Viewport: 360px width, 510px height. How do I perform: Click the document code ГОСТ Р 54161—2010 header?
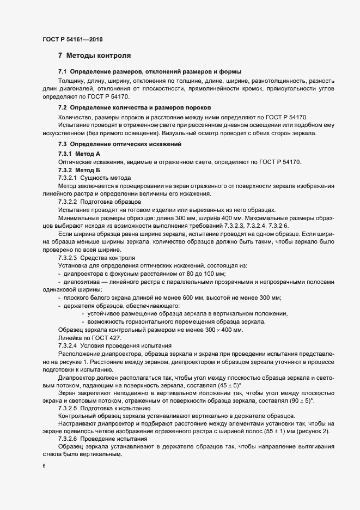[72, 39]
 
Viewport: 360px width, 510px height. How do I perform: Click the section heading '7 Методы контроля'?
[94, 56]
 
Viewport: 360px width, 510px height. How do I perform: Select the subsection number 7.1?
[62, 72]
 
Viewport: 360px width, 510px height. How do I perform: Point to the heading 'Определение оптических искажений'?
[129, 144]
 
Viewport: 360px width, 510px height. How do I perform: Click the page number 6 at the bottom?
[44, 466]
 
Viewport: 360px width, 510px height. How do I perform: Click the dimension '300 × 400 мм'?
[223, 330]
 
